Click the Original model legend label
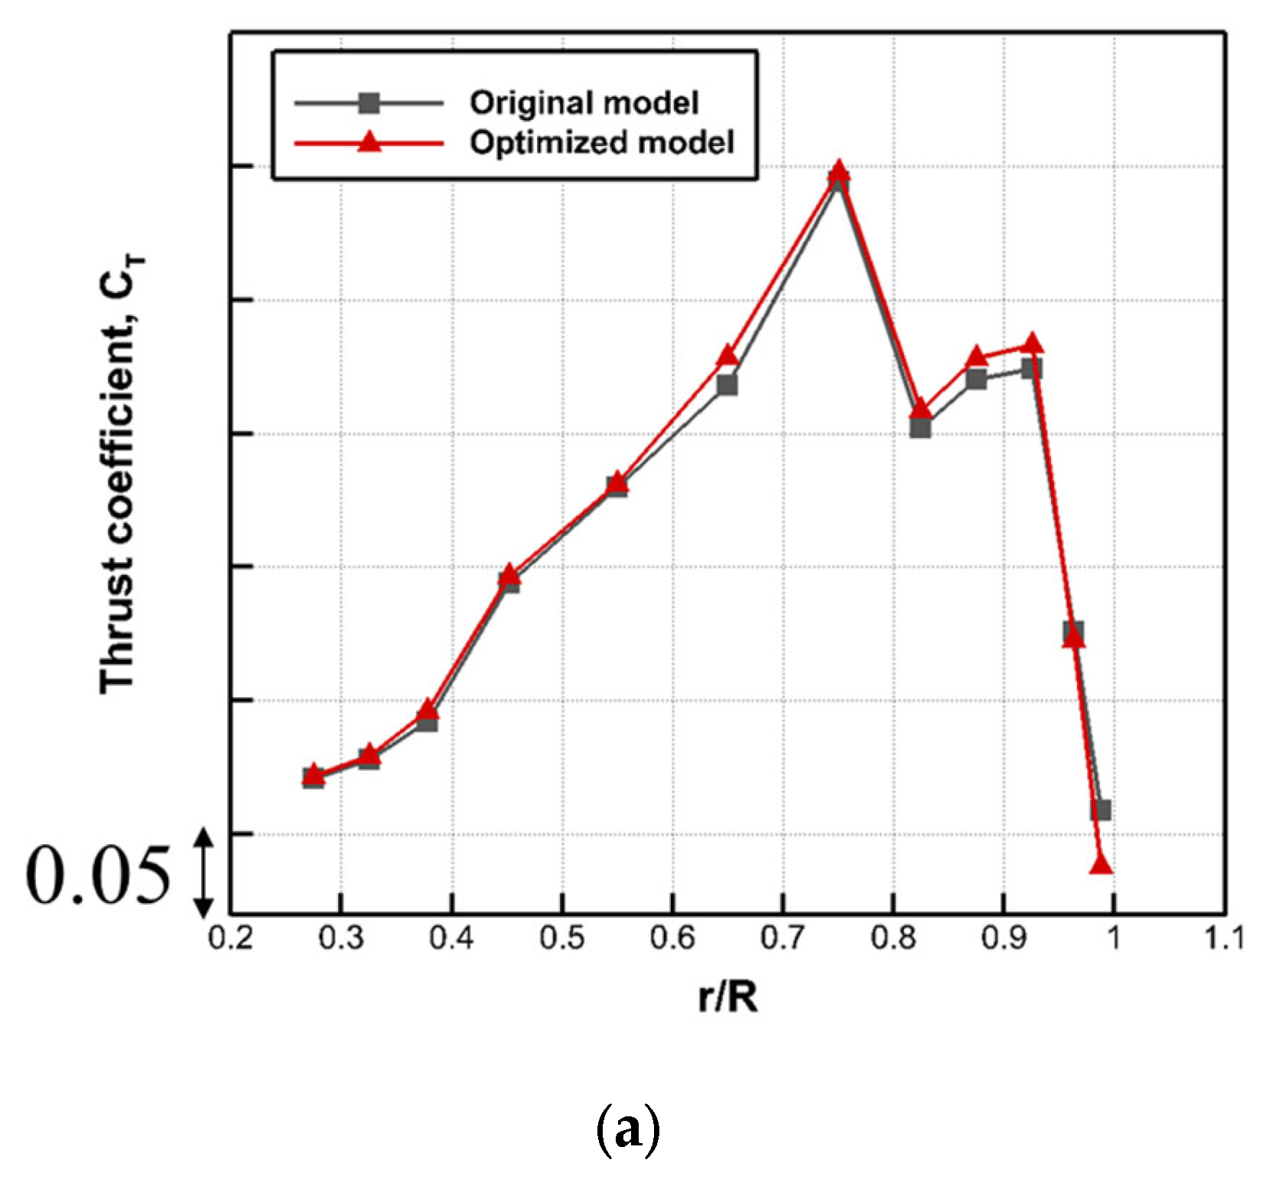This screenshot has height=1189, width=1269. tap(584, 102)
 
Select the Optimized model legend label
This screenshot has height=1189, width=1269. tap(602, 142)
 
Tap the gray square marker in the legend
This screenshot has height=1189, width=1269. tap(369, 102)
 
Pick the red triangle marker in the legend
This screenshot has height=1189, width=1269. tap(369, 141)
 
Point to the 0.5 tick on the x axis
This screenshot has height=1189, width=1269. tap(562, 937)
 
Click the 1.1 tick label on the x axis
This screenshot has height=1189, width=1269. tap(1224, 937)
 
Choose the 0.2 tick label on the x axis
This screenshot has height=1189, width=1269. tap(230, 937)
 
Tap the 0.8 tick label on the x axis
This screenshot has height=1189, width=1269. tap(893, 937)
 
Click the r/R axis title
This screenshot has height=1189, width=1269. tap(727, 996)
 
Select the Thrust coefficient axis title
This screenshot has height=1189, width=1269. tap(120, 474)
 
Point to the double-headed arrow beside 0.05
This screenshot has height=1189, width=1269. tap(203, 873)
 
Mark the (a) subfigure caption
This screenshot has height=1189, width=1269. tap(627, 1129)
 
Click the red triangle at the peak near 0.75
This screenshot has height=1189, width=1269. tap(838, 171)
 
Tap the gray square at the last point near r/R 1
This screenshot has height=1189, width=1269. tap(1101, 810)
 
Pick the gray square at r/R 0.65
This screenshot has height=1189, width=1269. tap(727, 385)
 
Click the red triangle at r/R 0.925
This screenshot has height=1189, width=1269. tap(1032, 343)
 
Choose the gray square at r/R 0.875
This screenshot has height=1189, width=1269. tap(976, 379)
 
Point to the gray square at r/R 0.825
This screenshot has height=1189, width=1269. tap(921, 427)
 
